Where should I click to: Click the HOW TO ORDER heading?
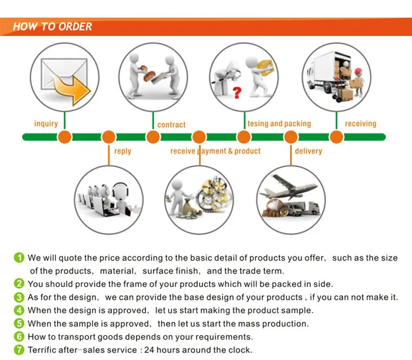tap(52, 26)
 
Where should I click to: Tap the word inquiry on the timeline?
tap(46, 124)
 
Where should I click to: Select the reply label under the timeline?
tap(122, 151)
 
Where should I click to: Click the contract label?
tap(171, 125)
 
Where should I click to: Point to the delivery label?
tap(308, 151)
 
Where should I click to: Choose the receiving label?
tap(360, 124)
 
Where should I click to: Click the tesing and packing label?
tap(279, 124)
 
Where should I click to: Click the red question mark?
tap(237, 92)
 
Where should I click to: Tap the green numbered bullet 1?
tap(19, 258)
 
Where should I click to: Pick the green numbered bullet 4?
tap(19, 310)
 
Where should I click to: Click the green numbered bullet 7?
tap(19, 350)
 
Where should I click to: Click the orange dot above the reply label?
tap(109, 137)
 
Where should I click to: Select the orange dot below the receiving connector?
tap(336, 137)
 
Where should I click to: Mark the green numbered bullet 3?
tap(19, 297)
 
